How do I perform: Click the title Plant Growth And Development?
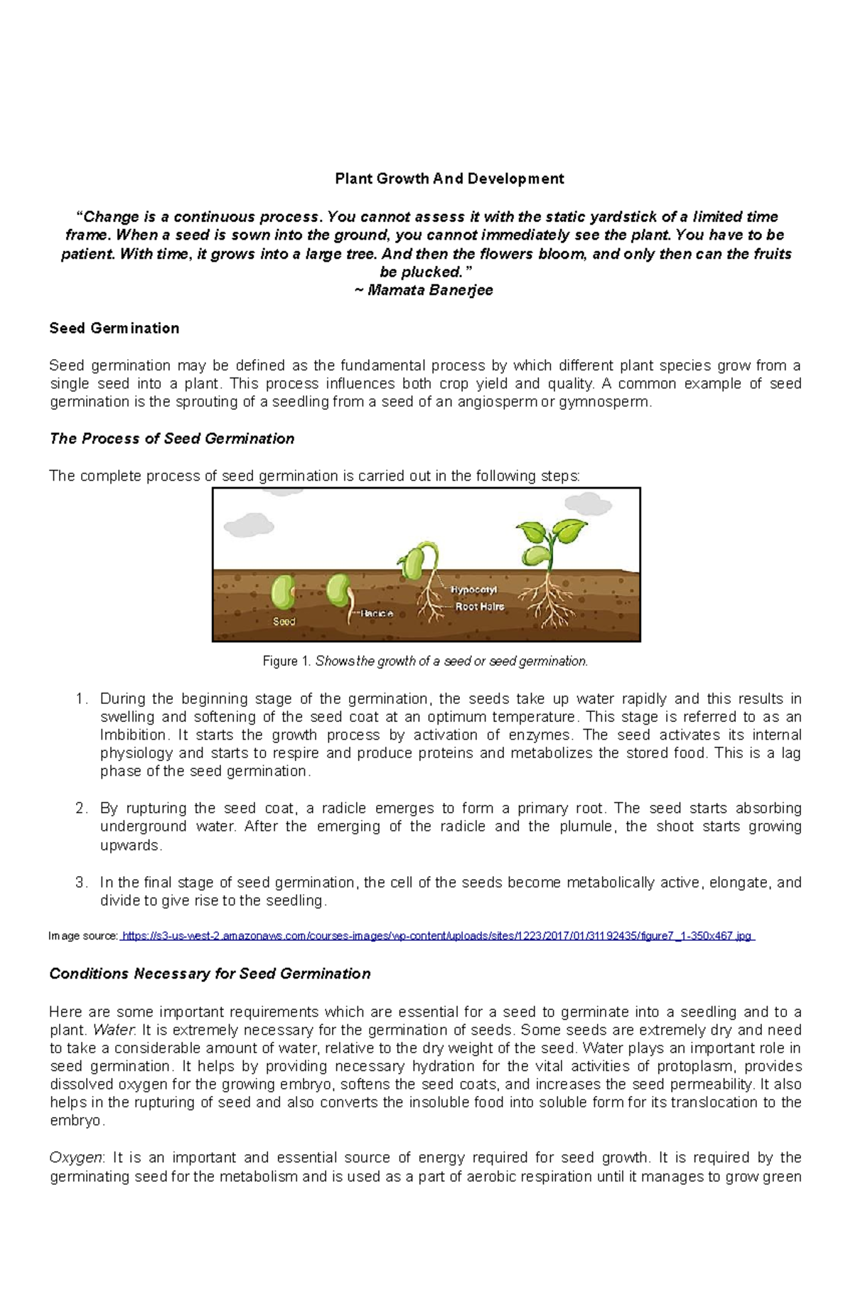449,179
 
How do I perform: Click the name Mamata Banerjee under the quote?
430,290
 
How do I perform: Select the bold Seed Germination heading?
114,328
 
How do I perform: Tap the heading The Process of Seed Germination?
171,439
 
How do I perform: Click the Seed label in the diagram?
284,622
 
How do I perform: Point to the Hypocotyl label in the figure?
473,590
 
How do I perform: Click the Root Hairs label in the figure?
480,607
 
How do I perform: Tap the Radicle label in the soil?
377,613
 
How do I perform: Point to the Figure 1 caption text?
425,661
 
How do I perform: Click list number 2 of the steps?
81,809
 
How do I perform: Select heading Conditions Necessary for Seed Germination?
210,974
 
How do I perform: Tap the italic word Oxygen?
75,1158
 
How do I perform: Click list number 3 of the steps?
81,883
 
